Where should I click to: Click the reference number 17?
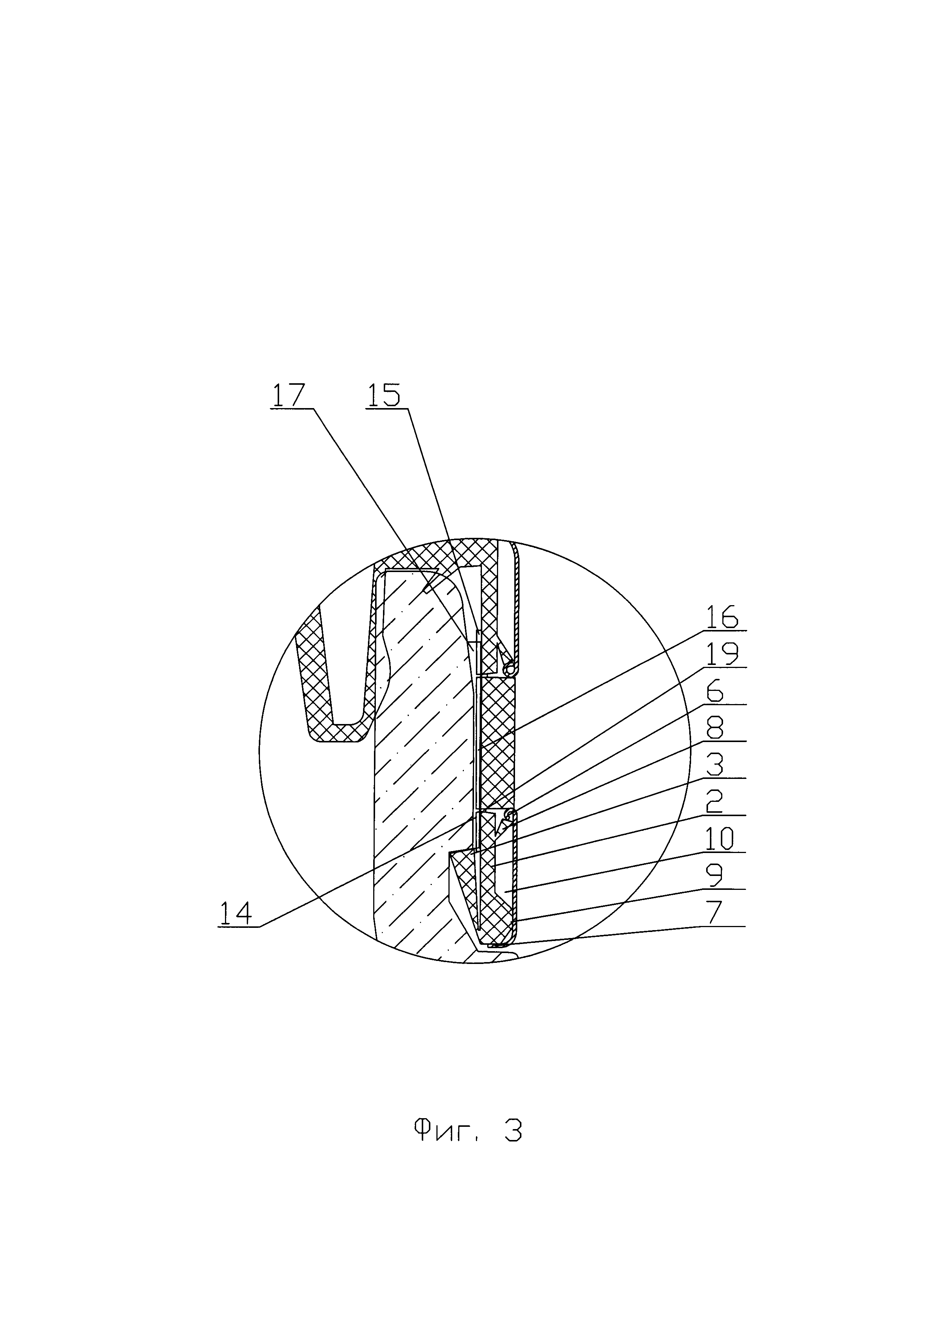point(289,396)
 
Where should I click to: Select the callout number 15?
point(383,396)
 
